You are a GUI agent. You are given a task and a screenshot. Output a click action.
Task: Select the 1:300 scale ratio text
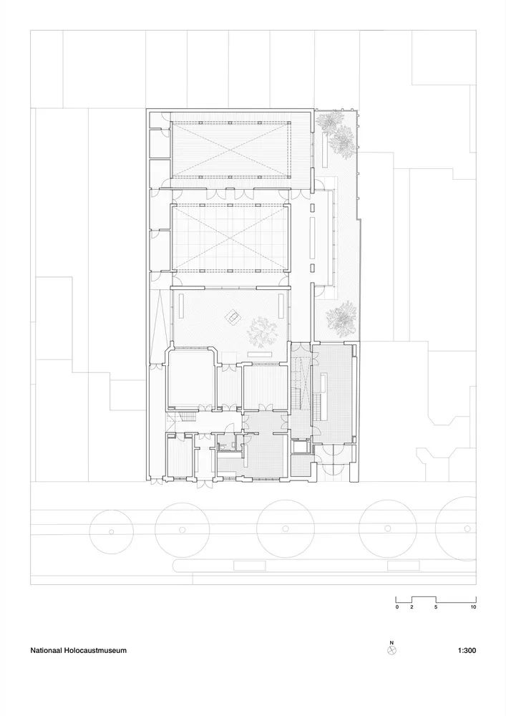(467, 650)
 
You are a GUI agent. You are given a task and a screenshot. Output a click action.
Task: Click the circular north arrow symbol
(391, 650)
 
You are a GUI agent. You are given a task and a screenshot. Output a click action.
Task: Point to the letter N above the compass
(391, 642)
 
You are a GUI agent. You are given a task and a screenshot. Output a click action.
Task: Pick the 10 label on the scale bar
(473, 607)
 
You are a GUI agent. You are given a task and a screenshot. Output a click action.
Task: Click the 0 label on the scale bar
(397, 607)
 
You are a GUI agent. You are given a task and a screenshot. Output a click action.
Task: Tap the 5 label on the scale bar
(436, 607)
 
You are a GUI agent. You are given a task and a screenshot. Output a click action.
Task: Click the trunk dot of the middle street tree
(285, 529)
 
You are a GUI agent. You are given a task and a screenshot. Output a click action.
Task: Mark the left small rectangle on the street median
(250, 566)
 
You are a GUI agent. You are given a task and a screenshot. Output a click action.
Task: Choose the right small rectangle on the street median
(404, 566)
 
